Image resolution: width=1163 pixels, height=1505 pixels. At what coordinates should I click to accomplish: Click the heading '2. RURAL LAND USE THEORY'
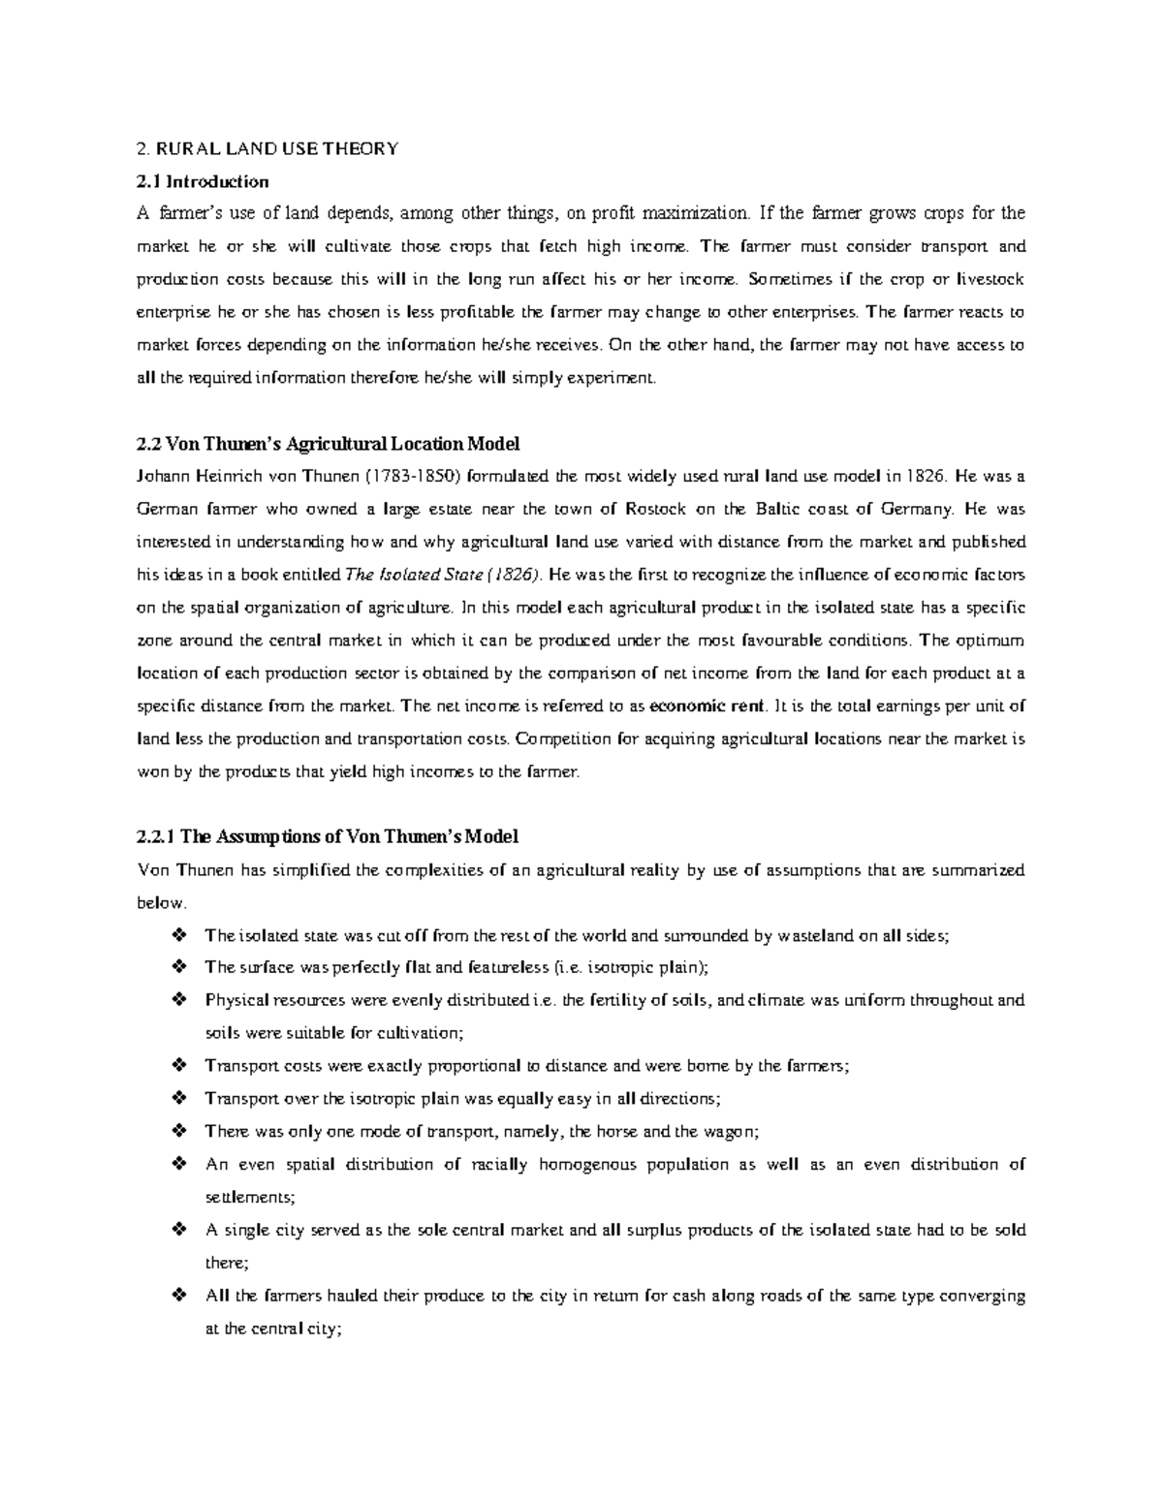pyautogui.click(x=267, y=148)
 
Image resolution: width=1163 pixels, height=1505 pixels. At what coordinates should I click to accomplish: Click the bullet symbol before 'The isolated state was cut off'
pyautogui.click(x=177, y=936)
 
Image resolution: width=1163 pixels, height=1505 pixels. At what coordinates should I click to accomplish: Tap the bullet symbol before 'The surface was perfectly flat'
pyautogui.click(x=177, y=967)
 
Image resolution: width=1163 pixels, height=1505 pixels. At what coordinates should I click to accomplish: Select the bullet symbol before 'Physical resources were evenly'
pyautogui.click(x=177, y=1000)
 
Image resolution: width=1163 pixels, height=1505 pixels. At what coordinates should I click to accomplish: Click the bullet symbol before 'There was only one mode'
pyautogui.click(x=177, y=1131)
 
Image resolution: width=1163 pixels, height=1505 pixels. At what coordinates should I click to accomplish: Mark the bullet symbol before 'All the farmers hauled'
pyautogui.click(x=177, y=1296)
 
